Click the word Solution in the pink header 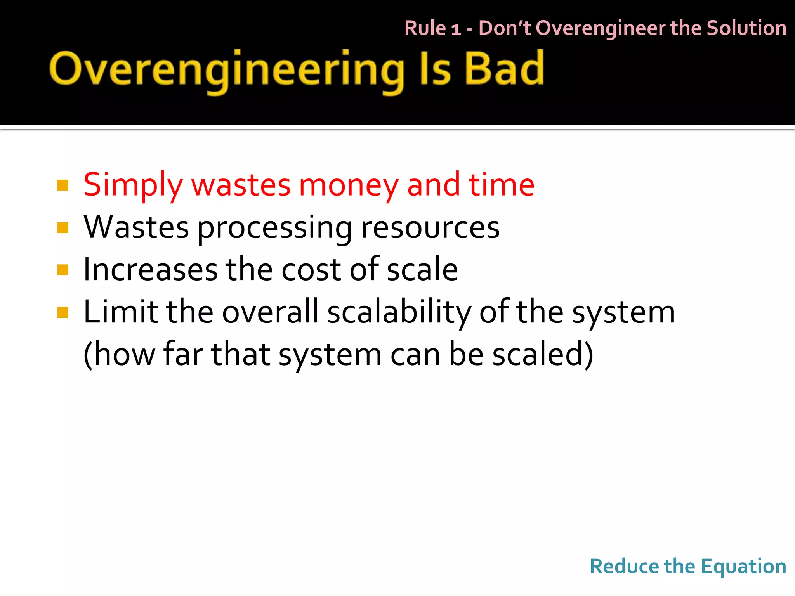[746, 28]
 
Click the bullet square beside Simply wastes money [62, 185]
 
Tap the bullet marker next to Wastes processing [62, 227]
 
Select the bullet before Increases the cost [62, 270]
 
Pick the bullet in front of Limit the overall [62, 312]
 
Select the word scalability [399, 313]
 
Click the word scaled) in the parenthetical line [543, 354]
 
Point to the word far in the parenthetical [183, 354]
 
